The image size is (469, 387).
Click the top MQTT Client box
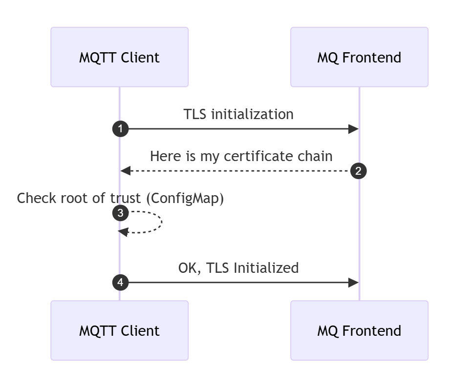[119, 57]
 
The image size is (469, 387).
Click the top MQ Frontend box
[359, 57]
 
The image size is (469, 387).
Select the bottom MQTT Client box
[119, 330]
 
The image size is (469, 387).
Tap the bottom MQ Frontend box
[359, 330]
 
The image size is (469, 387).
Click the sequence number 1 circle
[120, 129]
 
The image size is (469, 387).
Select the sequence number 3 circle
[120, 213]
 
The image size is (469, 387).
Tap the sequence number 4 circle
[120, 282]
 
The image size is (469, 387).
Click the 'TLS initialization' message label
[238, 114]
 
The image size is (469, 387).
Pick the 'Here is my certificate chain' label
[241, 156]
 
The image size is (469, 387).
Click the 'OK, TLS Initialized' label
[238, 268]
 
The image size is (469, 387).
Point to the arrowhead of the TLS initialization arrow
[354, 129]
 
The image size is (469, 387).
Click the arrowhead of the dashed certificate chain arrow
[126, 171]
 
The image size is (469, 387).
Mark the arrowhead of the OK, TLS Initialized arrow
[354, 282]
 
